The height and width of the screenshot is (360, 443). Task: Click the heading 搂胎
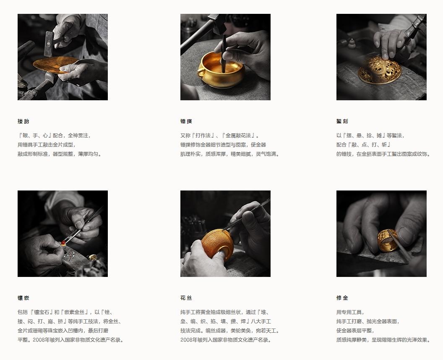23,121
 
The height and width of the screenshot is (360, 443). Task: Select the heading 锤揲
186,121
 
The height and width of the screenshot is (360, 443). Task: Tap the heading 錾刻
342,121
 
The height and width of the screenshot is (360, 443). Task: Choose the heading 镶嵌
23,298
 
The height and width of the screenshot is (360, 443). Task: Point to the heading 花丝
186,298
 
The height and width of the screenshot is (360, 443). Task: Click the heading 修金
342,298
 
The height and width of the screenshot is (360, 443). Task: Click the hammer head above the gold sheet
49,43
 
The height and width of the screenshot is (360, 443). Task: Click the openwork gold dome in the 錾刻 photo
378,69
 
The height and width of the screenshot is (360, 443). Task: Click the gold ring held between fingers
388,240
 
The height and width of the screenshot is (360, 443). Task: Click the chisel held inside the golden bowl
224,54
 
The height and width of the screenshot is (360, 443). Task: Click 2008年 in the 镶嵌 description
41,340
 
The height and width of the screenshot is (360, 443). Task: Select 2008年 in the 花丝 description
189,340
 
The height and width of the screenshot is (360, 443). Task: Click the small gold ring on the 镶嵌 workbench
92,257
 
